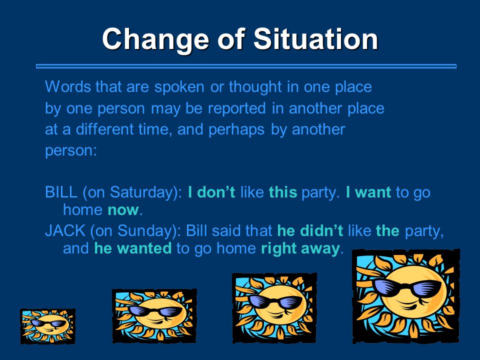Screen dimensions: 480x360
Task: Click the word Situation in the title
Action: pos(316,39)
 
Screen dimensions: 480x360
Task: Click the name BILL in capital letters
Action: pos(61,192)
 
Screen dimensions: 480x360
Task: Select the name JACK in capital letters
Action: pos(65,230)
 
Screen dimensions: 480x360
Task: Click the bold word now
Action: pos(123,210)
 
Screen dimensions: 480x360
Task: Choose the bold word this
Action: pos(283,192)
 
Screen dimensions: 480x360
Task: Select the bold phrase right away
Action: pos(300,248)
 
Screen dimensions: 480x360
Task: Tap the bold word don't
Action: pos(216,192)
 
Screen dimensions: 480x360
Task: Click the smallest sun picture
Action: pos(48,326)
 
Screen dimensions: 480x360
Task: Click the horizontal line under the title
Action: pos(246,66)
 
